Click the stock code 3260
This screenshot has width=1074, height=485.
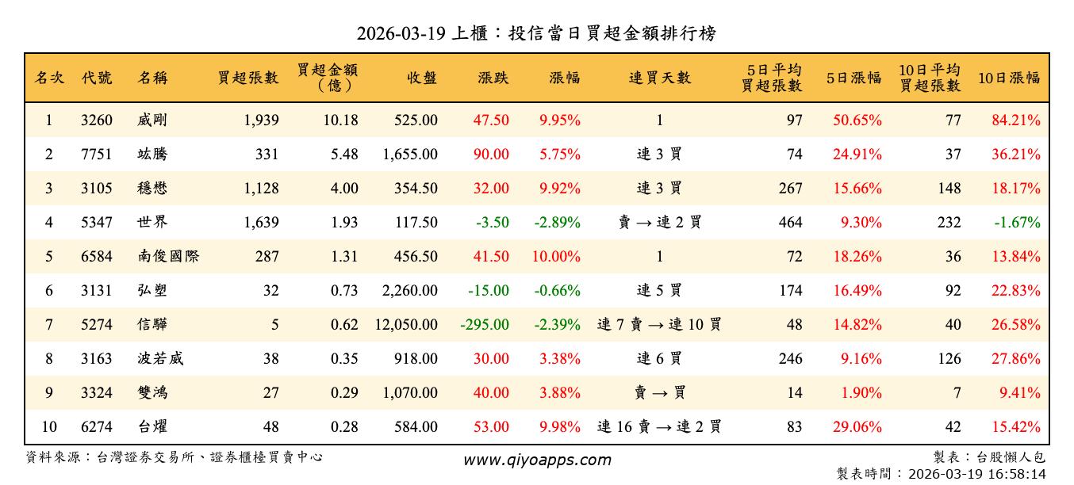[97, 120]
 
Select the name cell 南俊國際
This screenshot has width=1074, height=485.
[167, 257]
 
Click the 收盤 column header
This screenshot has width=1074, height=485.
[422, 78]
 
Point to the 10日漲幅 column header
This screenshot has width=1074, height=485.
[1008, 78]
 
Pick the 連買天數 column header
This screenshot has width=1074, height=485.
[659, 78]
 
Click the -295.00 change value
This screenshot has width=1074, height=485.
[485, 324]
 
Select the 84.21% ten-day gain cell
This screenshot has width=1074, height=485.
[1015, 120]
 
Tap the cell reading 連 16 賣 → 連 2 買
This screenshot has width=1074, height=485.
[659, 427]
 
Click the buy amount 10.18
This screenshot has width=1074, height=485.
[342, 120]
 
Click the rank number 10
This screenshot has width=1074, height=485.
[49, 427]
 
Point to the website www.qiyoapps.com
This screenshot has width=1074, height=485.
[537, 460]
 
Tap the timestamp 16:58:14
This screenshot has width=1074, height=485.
[1018, 474]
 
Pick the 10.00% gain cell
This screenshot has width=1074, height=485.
[559, 257]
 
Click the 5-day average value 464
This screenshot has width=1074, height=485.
[790, 223]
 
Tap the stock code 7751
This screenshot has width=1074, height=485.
[97, 155]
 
